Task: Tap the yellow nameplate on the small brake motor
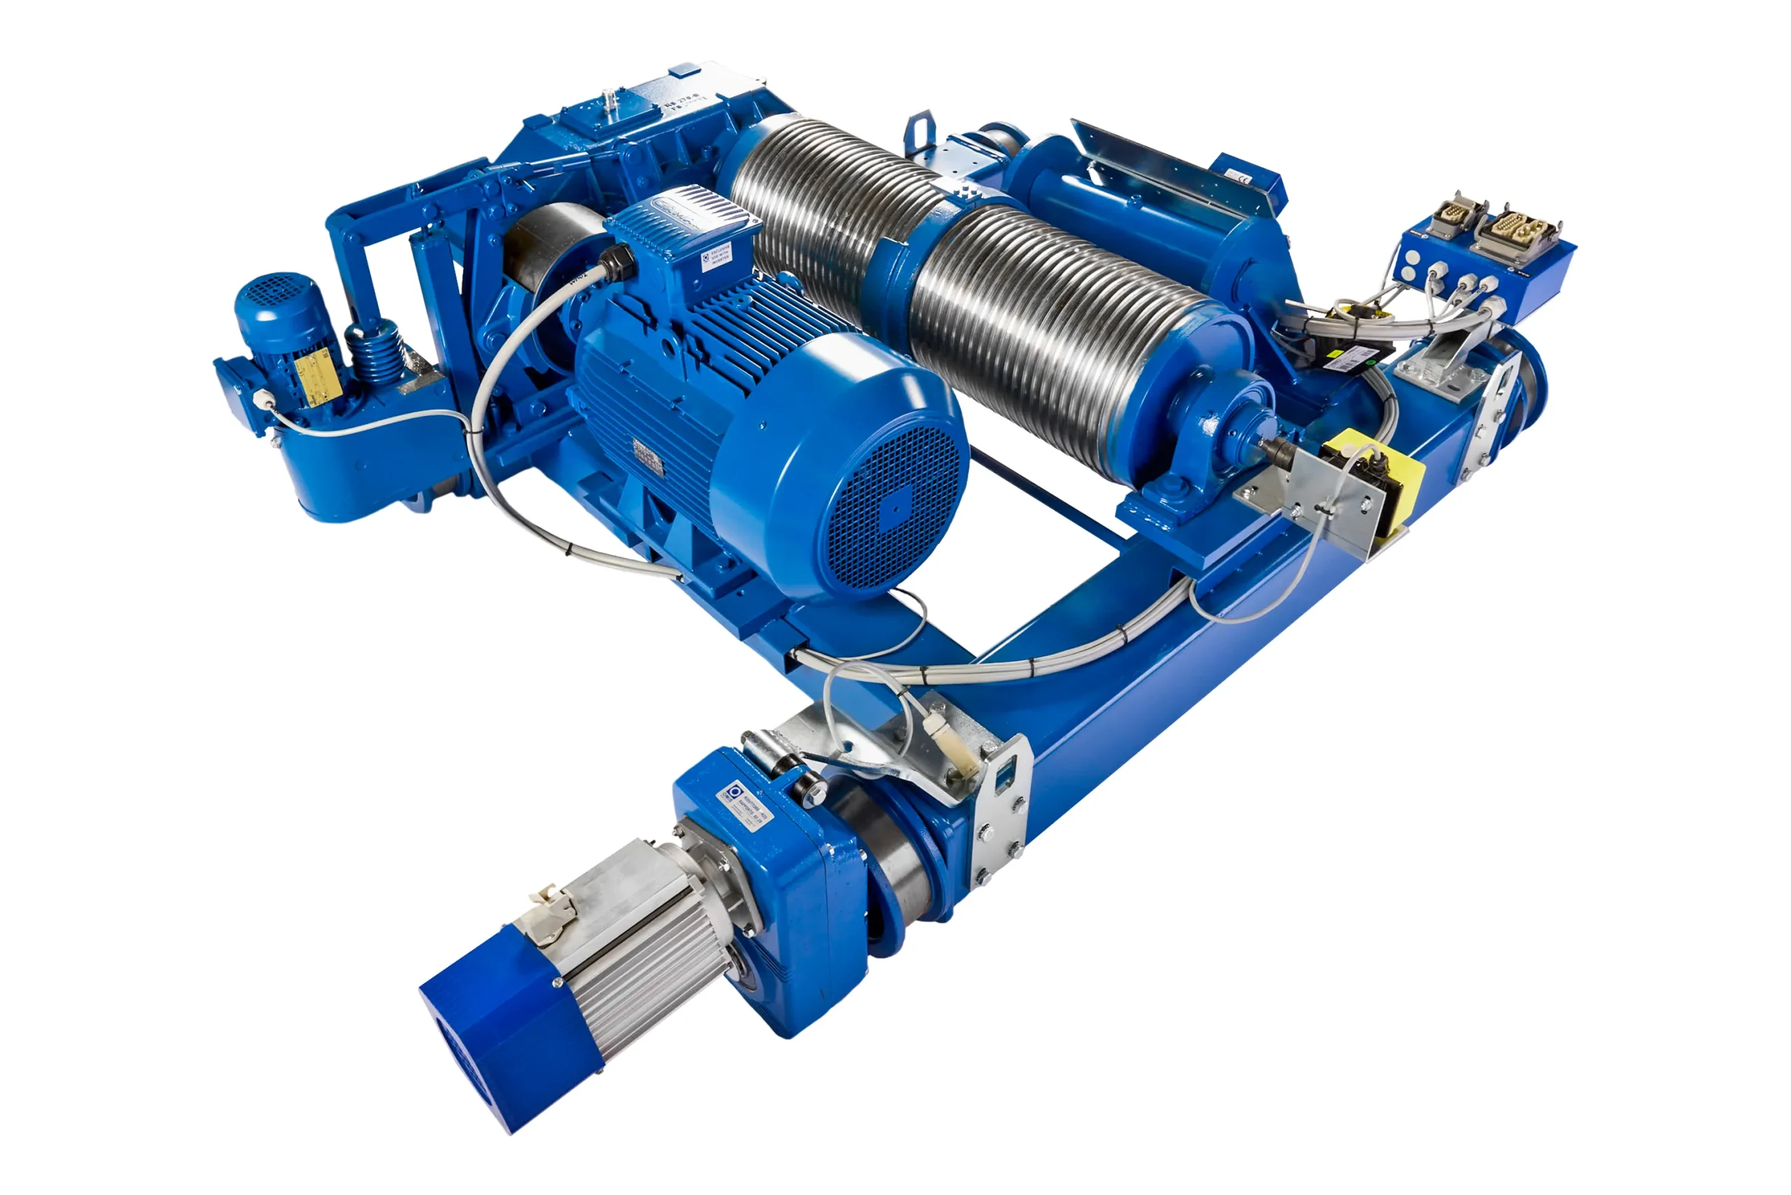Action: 316,374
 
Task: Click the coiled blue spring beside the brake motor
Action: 375,352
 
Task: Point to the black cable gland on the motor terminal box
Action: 616,263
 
